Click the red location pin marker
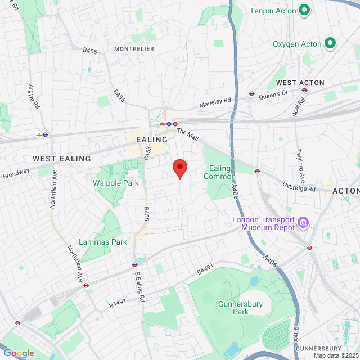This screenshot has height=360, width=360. click(x=179, y=168)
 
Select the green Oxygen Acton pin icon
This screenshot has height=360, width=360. click(x=330, y=43)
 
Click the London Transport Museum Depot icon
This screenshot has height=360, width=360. click(x=303, y=223)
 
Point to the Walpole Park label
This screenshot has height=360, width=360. click(x=115, y=183)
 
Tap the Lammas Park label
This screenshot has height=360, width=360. click(x=103, y=242)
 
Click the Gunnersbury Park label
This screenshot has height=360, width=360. click(x=233, y=308)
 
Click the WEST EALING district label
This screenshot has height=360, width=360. click(x=62, y=159)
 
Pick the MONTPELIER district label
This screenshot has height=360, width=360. click(x=134, y=49)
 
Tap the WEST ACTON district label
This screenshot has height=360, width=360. click(x=300, y=83)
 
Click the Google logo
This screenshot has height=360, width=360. click(x=18, y=353)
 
